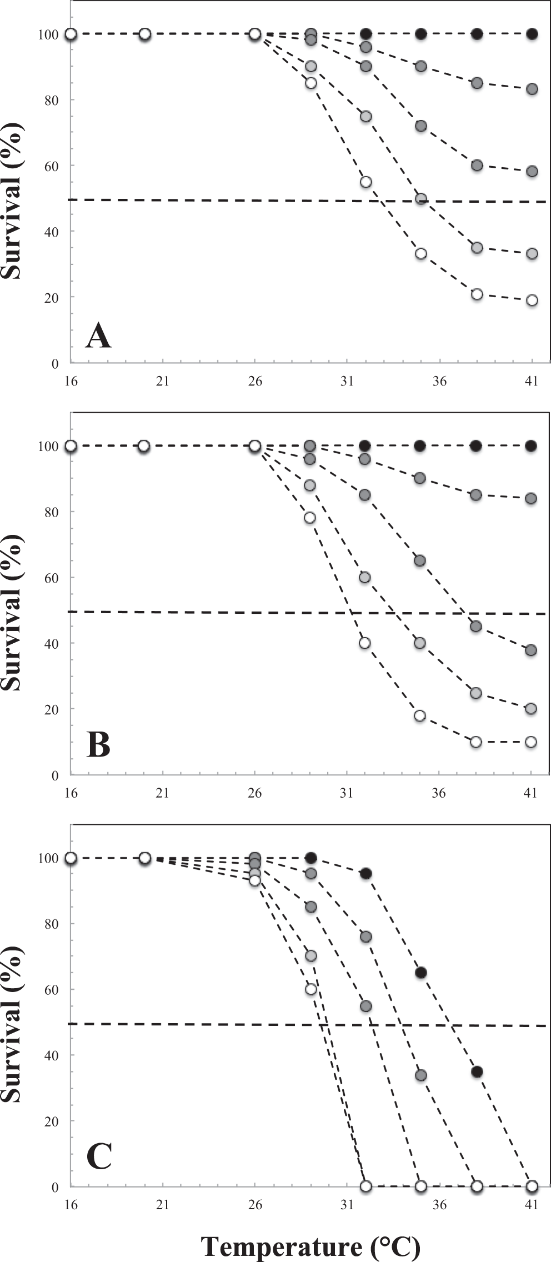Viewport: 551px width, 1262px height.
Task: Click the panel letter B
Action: coord(98,745)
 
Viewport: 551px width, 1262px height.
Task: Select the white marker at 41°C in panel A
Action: coord(532,301)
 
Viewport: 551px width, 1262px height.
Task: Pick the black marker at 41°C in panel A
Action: coord(532,34)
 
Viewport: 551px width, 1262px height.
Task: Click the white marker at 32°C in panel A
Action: coord(365,182)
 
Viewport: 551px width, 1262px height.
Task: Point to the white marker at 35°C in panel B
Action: coord(420,715)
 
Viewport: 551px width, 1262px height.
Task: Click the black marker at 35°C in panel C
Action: coord(421,973)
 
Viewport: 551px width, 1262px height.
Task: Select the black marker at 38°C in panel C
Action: coord(477,1071)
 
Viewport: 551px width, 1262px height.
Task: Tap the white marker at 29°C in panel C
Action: coord(311,989)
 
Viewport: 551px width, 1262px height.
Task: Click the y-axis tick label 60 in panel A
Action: coord(52,166)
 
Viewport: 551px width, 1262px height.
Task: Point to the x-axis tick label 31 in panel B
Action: coord(347,793)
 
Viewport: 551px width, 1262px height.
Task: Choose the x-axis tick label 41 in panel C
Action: coord(532,1205)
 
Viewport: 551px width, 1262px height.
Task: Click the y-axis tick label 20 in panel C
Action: coord(52,1121)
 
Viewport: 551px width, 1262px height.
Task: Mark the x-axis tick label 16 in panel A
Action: coord(71,382)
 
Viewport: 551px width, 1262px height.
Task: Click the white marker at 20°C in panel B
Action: coord(144,446)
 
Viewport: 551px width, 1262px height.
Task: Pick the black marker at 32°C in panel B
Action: coord(365,446)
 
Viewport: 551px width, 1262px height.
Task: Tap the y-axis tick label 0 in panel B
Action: coord(54,775)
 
